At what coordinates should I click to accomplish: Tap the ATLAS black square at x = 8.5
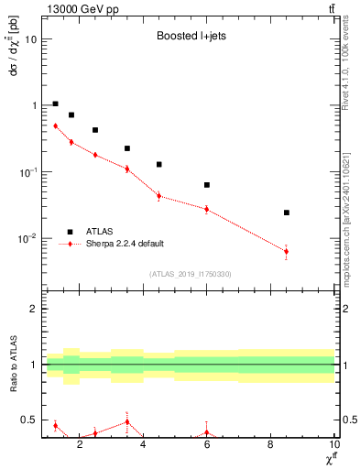click(x=287, y=213)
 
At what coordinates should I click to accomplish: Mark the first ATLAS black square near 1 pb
click(x=55, y=104)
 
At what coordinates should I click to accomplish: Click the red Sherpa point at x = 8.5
click(x=287, y=251)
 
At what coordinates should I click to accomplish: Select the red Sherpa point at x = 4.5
click(x=159, y=195)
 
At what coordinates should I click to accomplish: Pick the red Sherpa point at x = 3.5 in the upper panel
click(x=127, y=169)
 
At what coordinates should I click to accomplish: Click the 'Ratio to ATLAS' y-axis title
click(x=12, y=365)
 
